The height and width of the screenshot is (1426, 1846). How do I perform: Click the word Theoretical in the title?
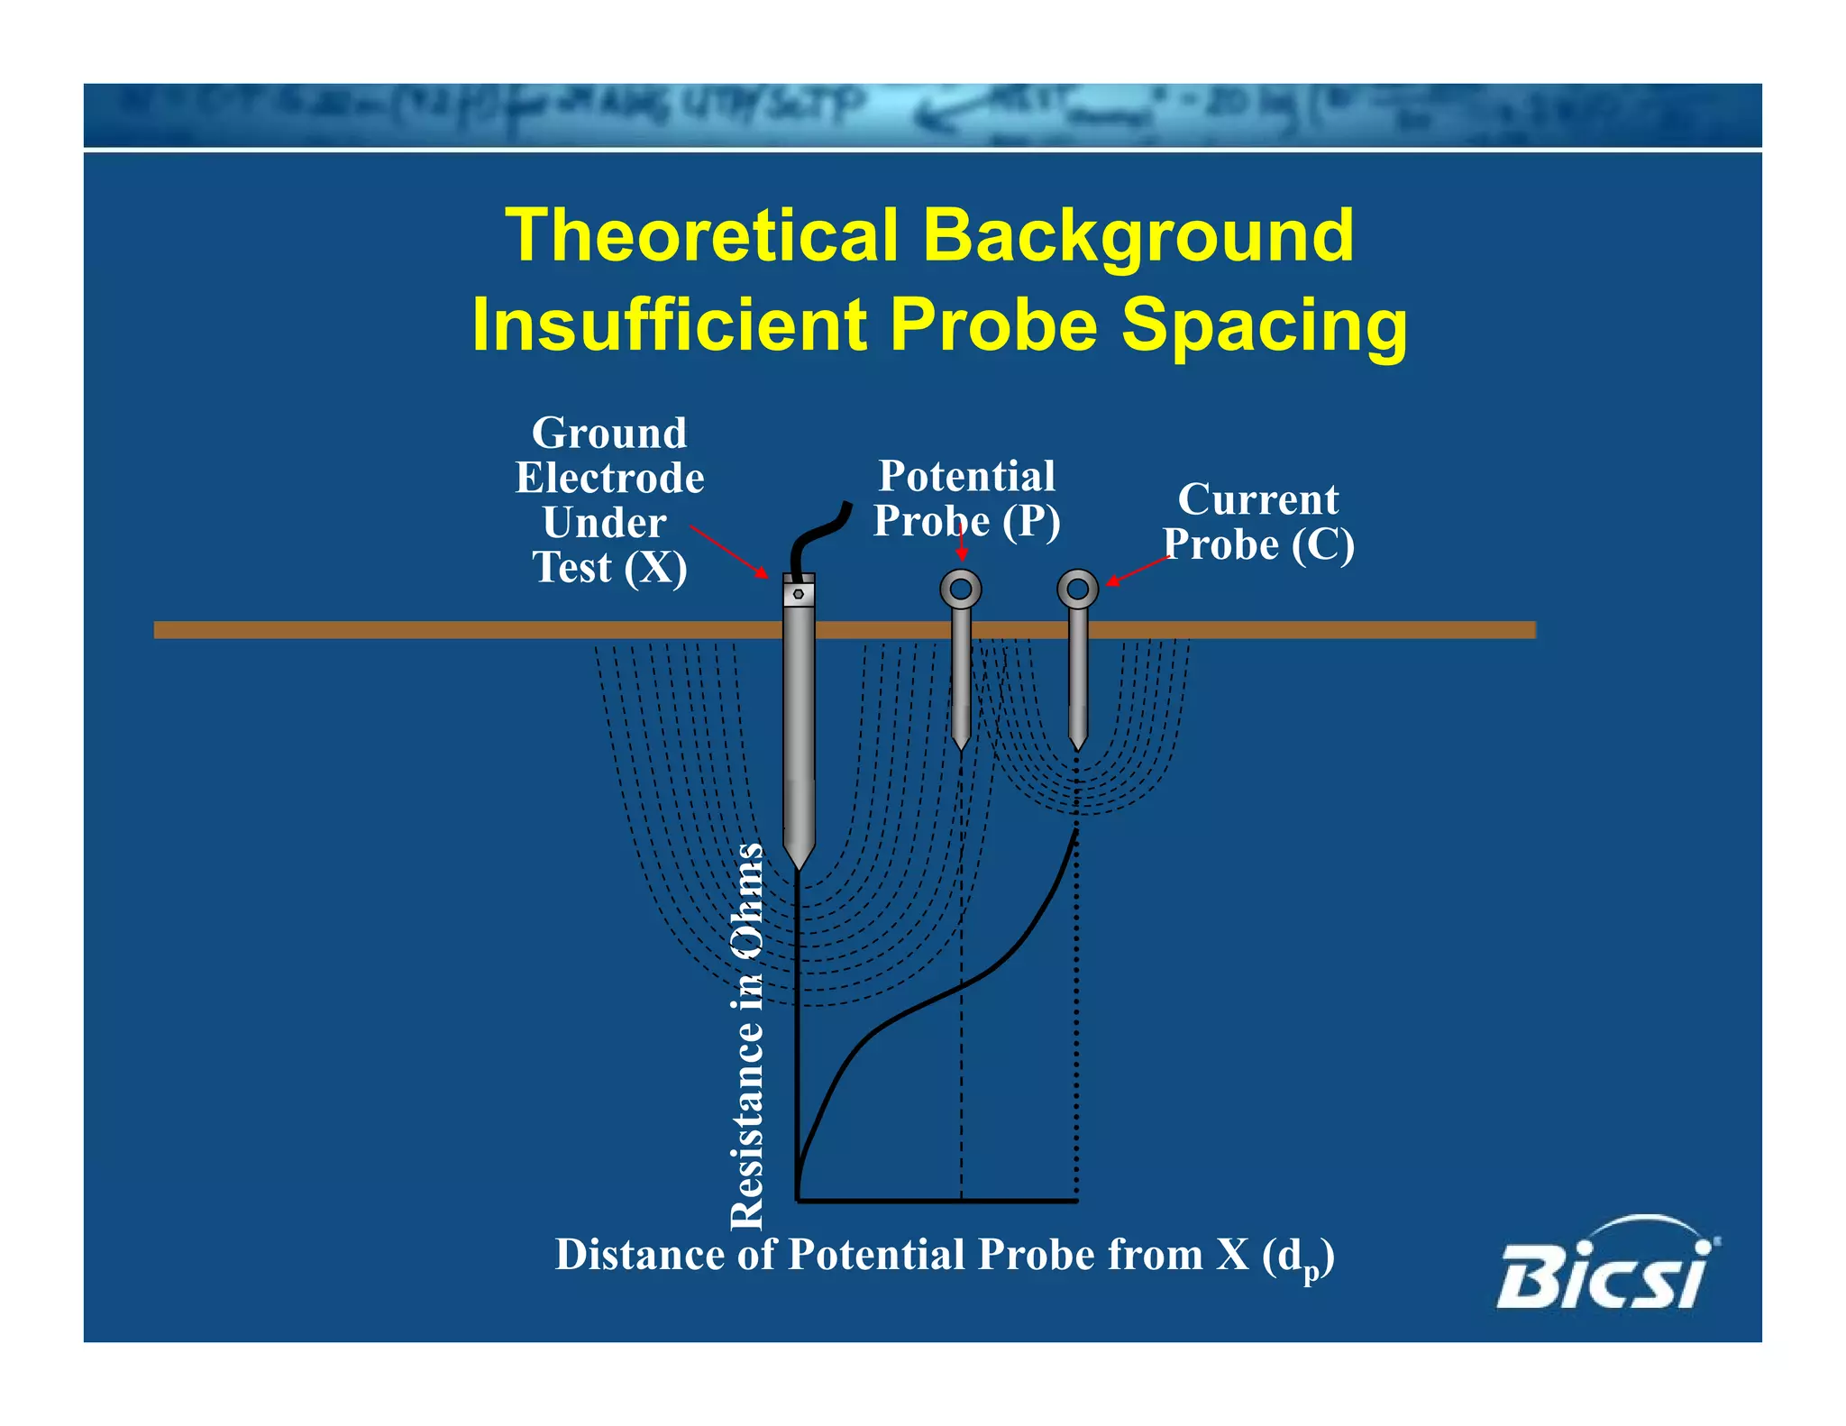pyautogui.click(x=701, y=235)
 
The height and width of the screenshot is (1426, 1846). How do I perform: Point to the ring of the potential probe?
pyautogui.click(x=961, y=590)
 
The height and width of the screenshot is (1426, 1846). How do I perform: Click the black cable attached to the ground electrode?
pyautogui.click(x=821, y=536)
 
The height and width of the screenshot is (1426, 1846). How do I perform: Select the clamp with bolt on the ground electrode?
pyautogui.click(x=799, y=593)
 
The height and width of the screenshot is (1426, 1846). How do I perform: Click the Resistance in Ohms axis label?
pyautogui.click(x=747, y=1037)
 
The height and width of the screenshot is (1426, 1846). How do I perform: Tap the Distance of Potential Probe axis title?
pyautogui.click(x=944, y=1255)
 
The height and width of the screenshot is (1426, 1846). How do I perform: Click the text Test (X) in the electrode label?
pyautogui.click(x=610, y=568)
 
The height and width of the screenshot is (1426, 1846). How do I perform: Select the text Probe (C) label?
pyautogui.click(x=1258, y=544)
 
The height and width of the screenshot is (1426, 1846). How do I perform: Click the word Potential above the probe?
pyautogui.click(x=966, y=476)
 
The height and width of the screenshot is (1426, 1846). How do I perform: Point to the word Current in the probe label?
pyautogui.click(x=1258, y=499)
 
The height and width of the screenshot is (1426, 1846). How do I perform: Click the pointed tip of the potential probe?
pyautogui.click(x=961, y=743)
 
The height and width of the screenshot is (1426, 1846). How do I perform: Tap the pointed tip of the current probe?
pyautogui.click(x=1077, y=744)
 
